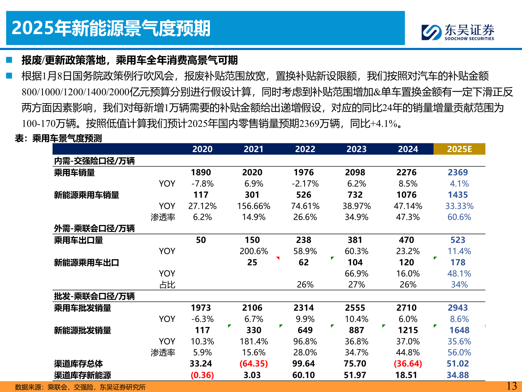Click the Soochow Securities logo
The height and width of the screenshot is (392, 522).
tap(458, 32)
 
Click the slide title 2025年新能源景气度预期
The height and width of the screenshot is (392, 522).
tap(111, 28)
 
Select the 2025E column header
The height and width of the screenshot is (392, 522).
tap(459, 149)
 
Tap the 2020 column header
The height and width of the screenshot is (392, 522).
tap(202, 149)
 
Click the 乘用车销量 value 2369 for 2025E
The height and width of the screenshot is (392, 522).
tap(458, 172)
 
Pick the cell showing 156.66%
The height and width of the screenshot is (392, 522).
tap(254, 206)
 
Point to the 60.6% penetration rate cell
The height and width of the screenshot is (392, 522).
tap(459, 217)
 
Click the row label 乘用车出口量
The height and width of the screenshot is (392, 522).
tap(79, 240)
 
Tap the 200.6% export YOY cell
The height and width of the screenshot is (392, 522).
tap(254, 251)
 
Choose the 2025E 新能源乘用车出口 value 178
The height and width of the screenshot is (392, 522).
tap(458, 262)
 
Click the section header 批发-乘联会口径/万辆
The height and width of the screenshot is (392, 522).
tap(94, 296)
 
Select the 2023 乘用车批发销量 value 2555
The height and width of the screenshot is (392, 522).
tap(355, 308)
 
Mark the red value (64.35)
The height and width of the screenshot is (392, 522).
tap(254, 364)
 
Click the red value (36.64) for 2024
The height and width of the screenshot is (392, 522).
tap(408, 364)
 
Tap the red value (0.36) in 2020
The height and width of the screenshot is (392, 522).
tap(202, 375)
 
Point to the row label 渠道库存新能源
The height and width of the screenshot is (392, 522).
tap(83, 375)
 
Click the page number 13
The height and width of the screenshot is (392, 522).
tap(511, 386)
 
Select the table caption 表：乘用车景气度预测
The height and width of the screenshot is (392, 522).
tap(58, 138)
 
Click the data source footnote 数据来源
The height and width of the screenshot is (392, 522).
tap(80, 387)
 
